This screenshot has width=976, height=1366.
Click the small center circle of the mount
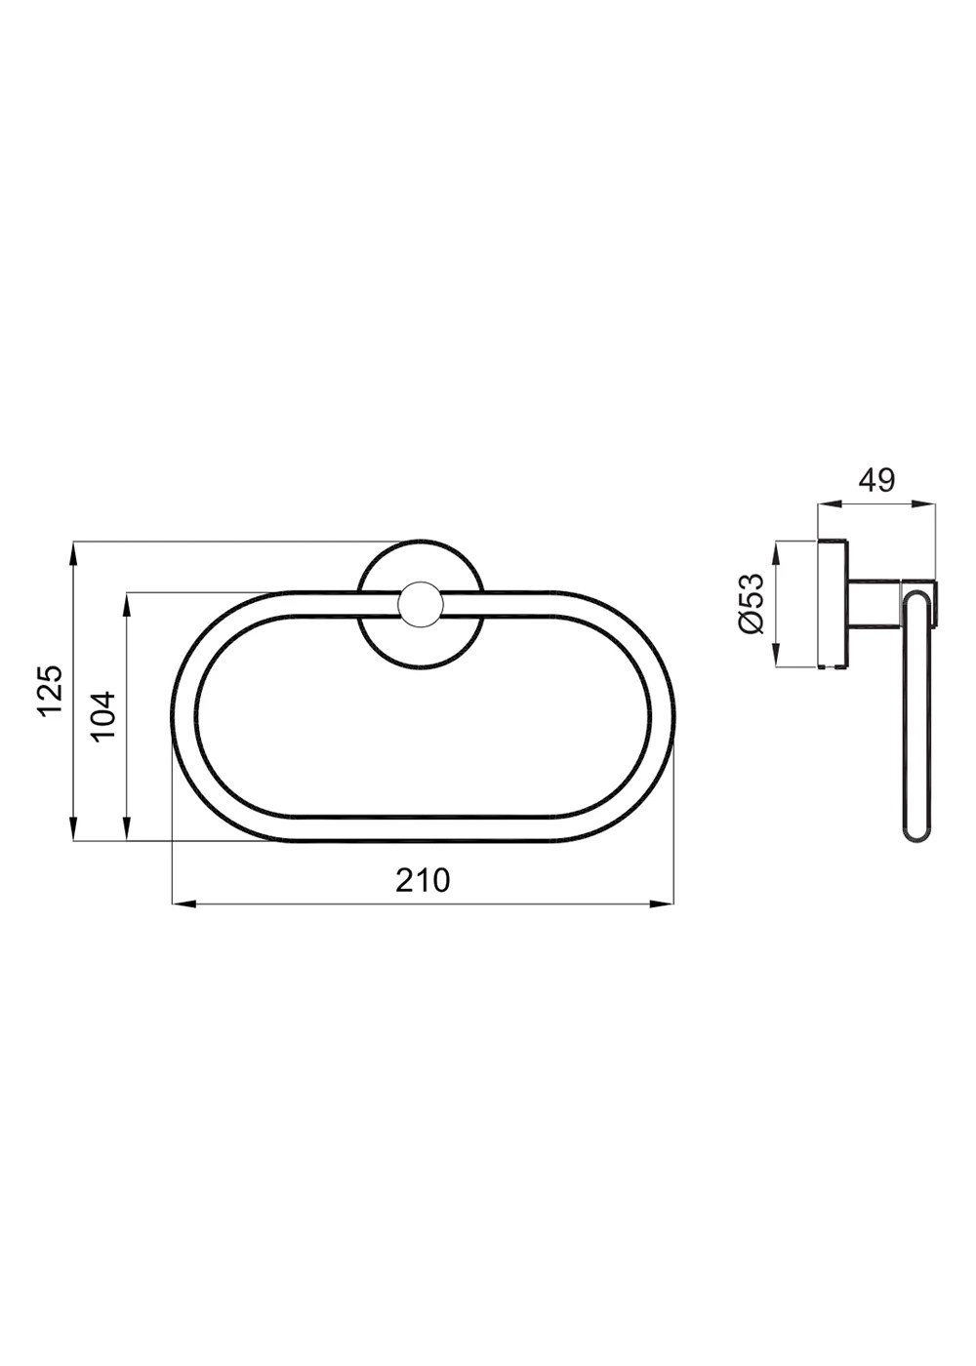[421, 603]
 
